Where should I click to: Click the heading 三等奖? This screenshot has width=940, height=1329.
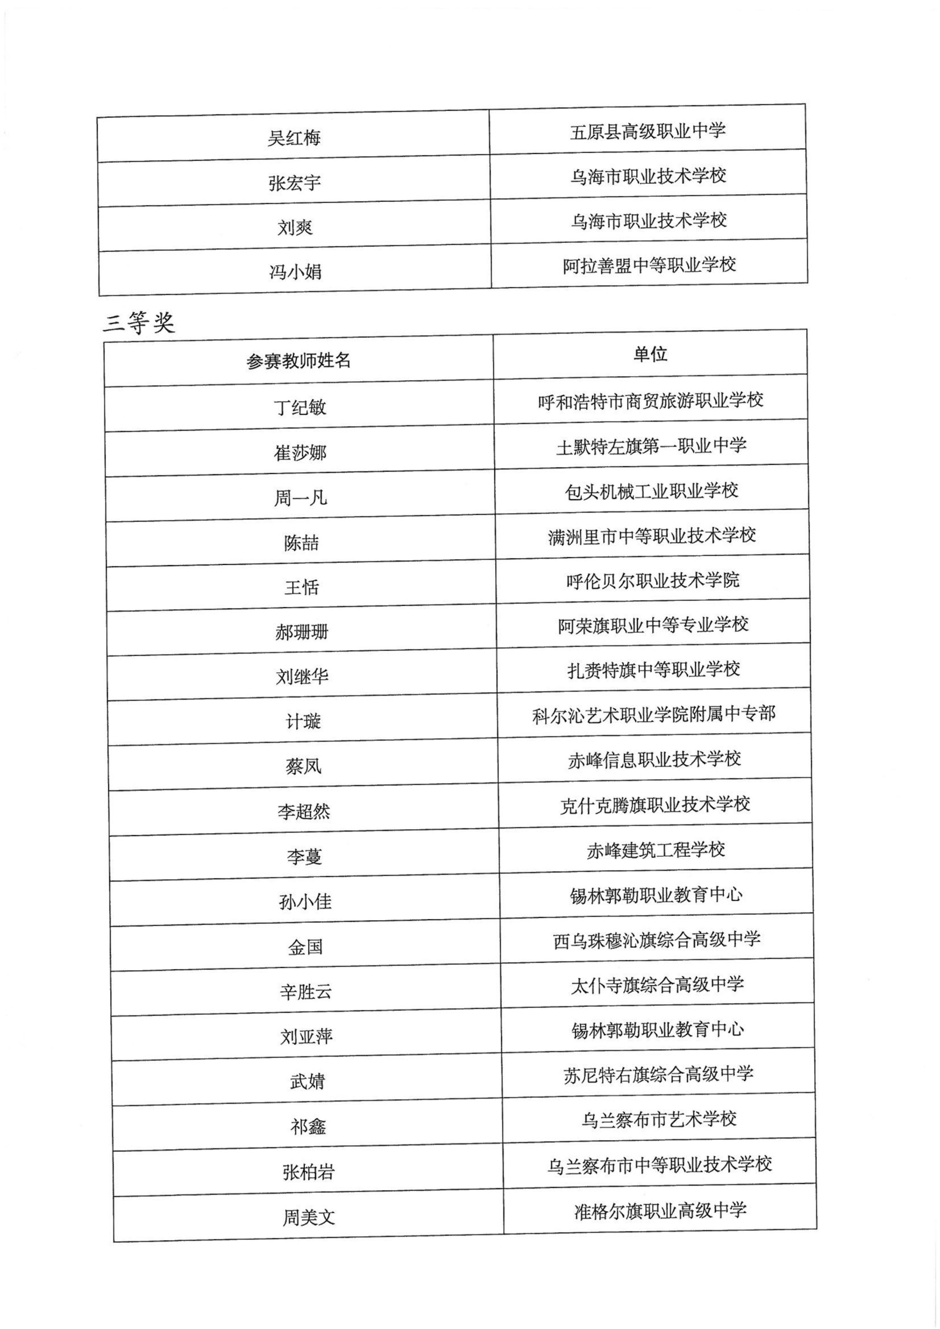pyautogui.click(x=139, y=323)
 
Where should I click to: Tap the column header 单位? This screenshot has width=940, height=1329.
pyautogui.click(x=650, y=354)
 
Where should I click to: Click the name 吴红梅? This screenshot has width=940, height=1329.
pyautogui.click(x=294, y=138)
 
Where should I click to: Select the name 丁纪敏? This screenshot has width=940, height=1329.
pyautogui.click(x=300, y=407)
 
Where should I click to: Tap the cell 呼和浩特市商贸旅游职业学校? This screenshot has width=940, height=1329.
pyautogui.click(x=650, y=400)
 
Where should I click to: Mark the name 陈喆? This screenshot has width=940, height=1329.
pyautogui.click(x=301, y=542)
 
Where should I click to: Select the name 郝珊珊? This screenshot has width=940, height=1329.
pyautogui.click(x=302, y=632)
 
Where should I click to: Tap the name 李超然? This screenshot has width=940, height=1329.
pyautogui.click(x=303, y=811)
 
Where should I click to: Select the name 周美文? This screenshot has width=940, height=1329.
pyautogui.click(x=308, y=1217)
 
